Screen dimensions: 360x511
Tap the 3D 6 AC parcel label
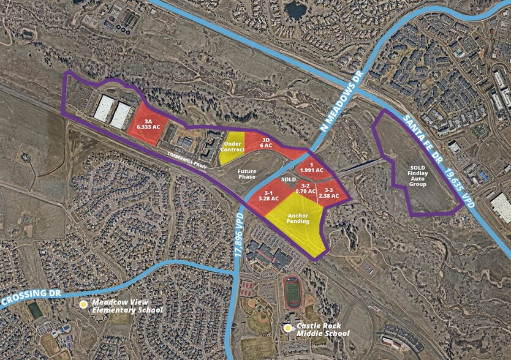(x=265, y=142)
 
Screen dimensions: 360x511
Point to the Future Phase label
(x=247, y=173)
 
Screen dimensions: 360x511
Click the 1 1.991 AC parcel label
(x=311, y=168)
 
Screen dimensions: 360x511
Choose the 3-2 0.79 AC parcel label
(x=305, y=188)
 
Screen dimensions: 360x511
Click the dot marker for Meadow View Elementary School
(x=83, y=304)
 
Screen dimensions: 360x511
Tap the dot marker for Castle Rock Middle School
(x=288, y=328)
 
